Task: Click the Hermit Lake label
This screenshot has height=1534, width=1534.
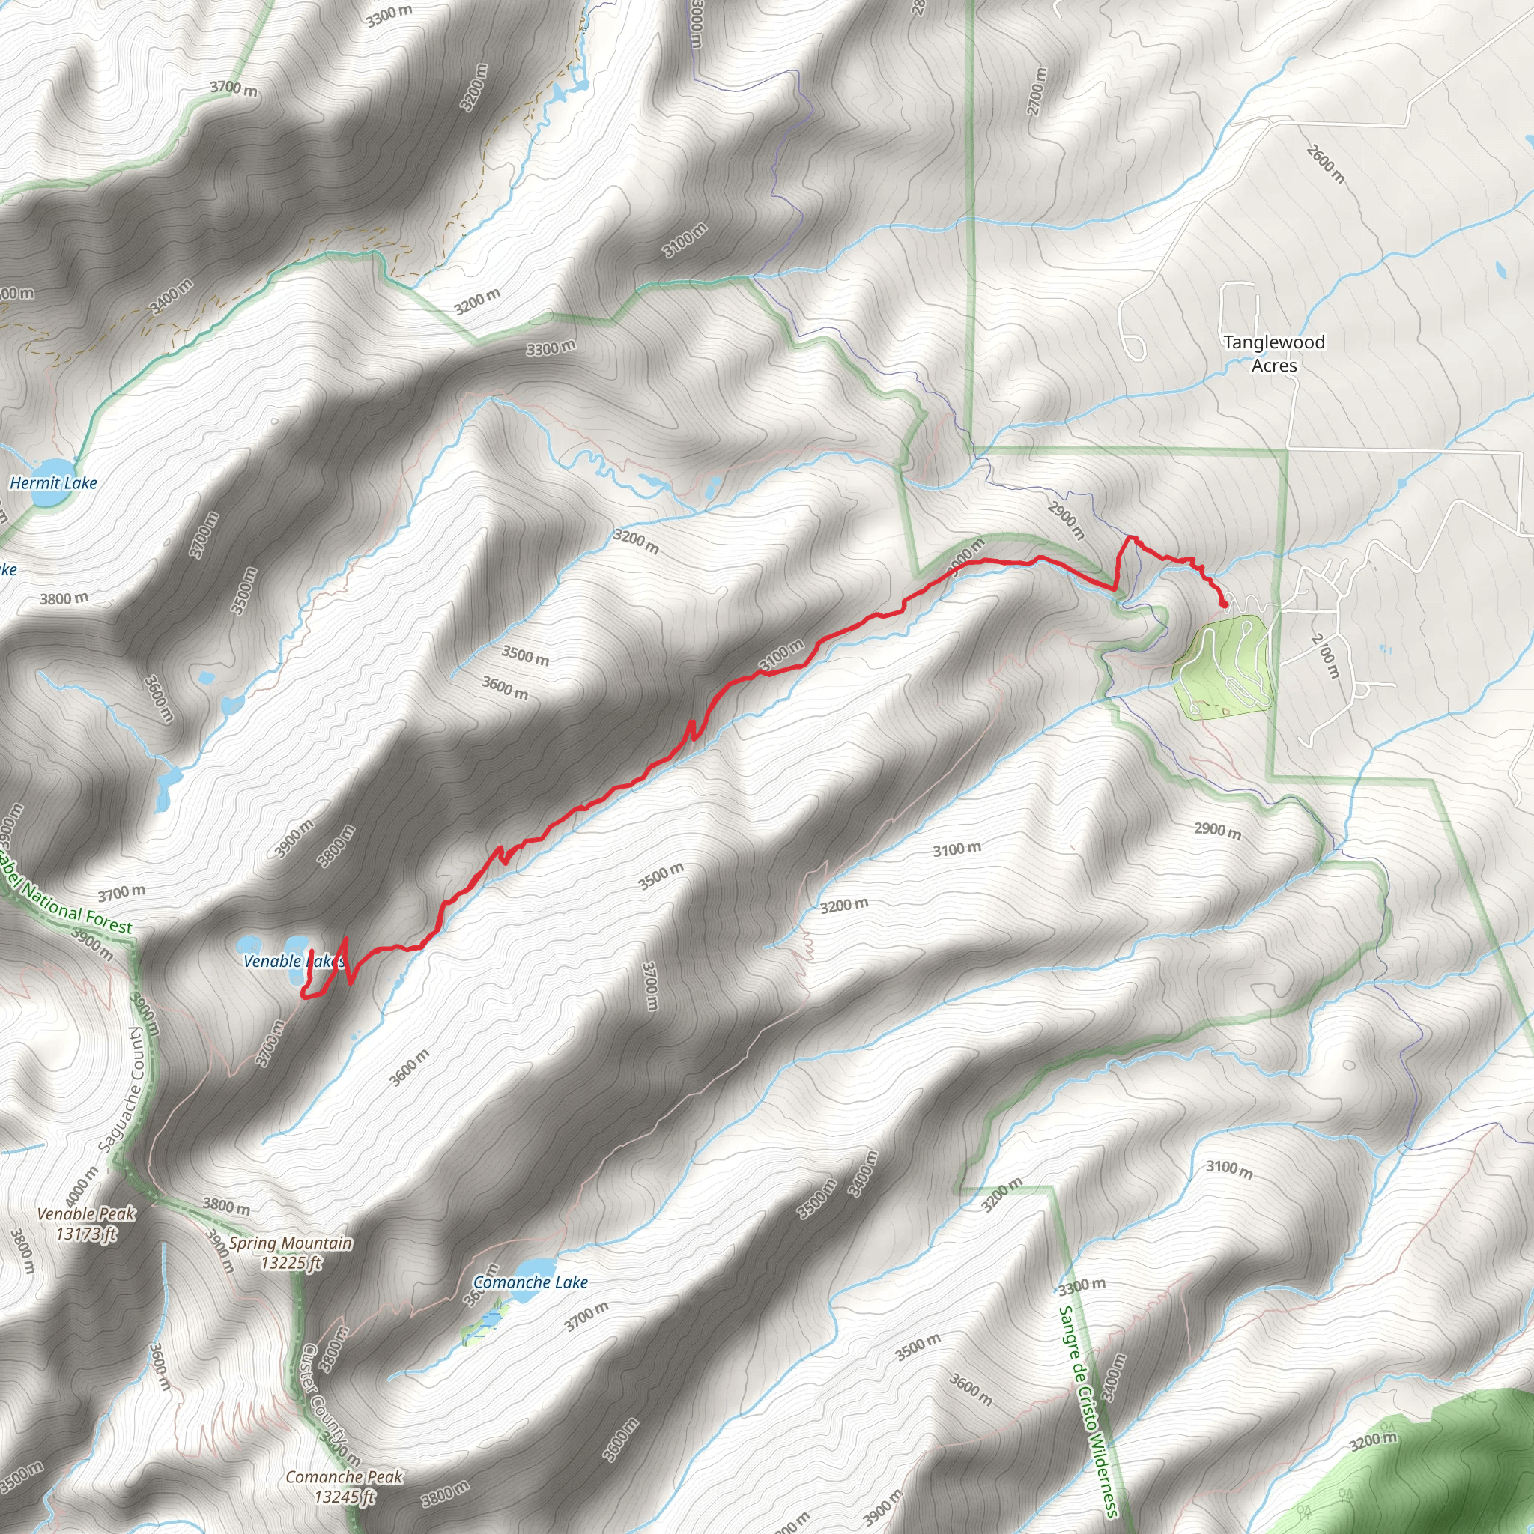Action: coord(53,483)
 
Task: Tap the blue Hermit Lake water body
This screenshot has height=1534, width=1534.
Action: coord(50,473)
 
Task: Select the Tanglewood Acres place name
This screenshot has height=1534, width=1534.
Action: coord(1273,354)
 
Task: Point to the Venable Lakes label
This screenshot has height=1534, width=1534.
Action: coord(292,962)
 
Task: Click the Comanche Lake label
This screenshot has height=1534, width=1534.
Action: coord(530,1282)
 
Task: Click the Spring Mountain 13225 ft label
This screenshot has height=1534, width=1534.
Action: coord(291,1252)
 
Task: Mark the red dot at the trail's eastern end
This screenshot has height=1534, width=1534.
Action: coord(1224,605)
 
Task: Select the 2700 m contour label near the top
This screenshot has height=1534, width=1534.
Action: coord(1037,91)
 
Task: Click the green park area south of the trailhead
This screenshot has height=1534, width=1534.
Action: coord(1222,667)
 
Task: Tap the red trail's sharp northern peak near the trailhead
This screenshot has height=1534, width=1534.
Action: coord(1130,539)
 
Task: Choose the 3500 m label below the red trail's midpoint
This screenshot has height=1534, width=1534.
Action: coord(661,876)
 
